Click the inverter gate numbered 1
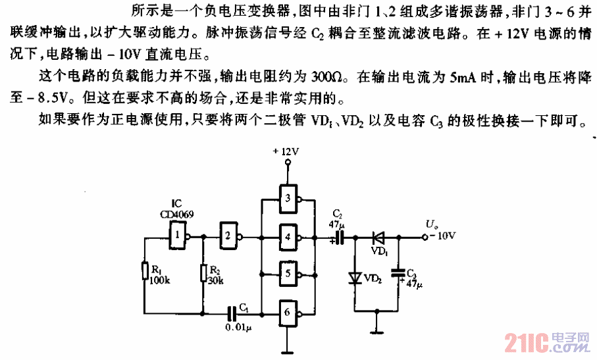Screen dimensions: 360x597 tap(178, 235)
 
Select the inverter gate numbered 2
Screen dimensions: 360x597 tap(228, 235)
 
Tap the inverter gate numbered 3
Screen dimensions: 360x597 tap(288, 199)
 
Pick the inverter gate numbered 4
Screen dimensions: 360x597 tap(288, 235)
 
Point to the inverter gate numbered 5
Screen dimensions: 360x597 tap(288, 272)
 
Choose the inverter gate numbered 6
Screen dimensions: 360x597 tap(288, 311)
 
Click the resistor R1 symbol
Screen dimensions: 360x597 tap(144, 270)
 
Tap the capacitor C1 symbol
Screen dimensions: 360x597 tap(232, 311)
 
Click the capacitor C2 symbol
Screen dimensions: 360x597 tap(339, 236)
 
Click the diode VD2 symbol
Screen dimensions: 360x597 tap(357, 277)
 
